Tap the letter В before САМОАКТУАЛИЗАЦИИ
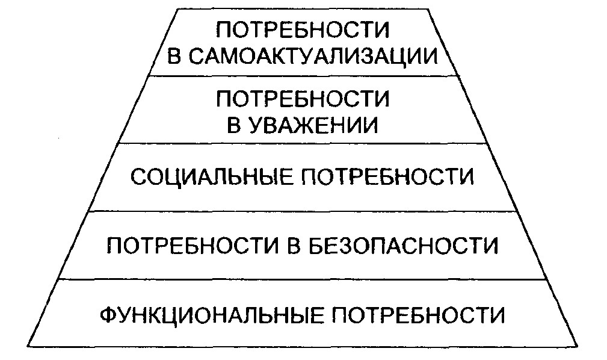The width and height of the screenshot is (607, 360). (175, 57)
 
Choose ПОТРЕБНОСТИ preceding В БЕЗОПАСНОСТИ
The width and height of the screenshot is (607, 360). (193, 246)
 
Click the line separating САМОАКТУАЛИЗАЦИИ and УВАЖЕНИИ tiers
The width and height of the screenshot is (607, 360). (304, 75)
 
